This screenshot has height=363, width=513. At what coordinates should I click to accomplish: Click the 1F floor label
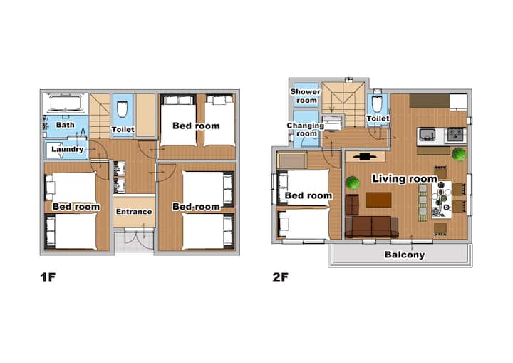click(x=48, y=277)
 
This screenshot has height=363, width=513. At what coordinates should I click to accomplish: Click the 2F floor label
click(x=281, y=277)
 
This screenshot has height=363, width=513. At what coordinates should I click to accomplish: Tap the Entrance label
click(x=134, y=212)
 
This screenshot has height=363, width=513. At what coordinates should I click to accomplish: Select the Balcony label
click(x=405, y=255)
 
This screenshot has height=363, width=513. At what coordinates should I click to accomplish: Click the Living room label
click(x=405, y=179)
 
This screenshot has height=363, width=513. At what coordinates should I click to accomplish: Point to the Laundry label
click(x=68, y=149)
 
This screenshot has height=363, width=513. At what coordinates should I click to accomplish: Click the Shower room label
click(x=306, y=96)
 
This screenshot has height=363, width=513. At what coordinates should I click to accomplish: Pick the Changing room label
click(x=306, y=129)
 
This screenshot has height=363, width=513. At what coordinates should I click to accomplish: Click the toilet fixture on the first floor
click(x=123, y=109)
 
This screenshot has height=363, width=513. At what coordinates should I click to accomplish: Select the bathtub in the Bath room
click(x=66, y=103)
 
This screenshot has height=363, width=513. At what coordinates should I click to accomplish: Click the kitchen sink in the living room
click(x=427, y=135)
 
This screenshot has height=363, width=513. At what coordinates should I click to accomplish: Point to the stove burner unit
click(x=456, y=135)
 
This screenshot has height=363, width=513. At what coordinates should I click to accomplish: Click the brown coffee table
click(x=378, y=200)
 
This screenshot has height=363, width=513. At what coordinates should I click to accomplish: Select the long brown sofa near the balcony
click(x=372, y=226)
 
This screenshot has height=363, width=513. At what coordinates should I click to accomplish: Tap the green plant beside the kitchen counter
click(x=459, y=154)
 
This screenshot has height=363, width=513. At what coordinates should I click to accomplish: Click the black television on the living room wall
click(x=366, y=157)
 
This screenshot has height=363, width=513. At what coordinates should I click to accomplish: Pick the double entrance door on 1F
click(x=134, y=241)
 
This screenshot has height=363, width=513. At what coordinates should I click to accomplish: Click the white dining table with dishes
click(x=441, y=200)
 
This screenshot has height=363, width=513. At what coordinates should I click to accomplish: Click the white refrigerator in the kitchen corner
click(x=458, y=102)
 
